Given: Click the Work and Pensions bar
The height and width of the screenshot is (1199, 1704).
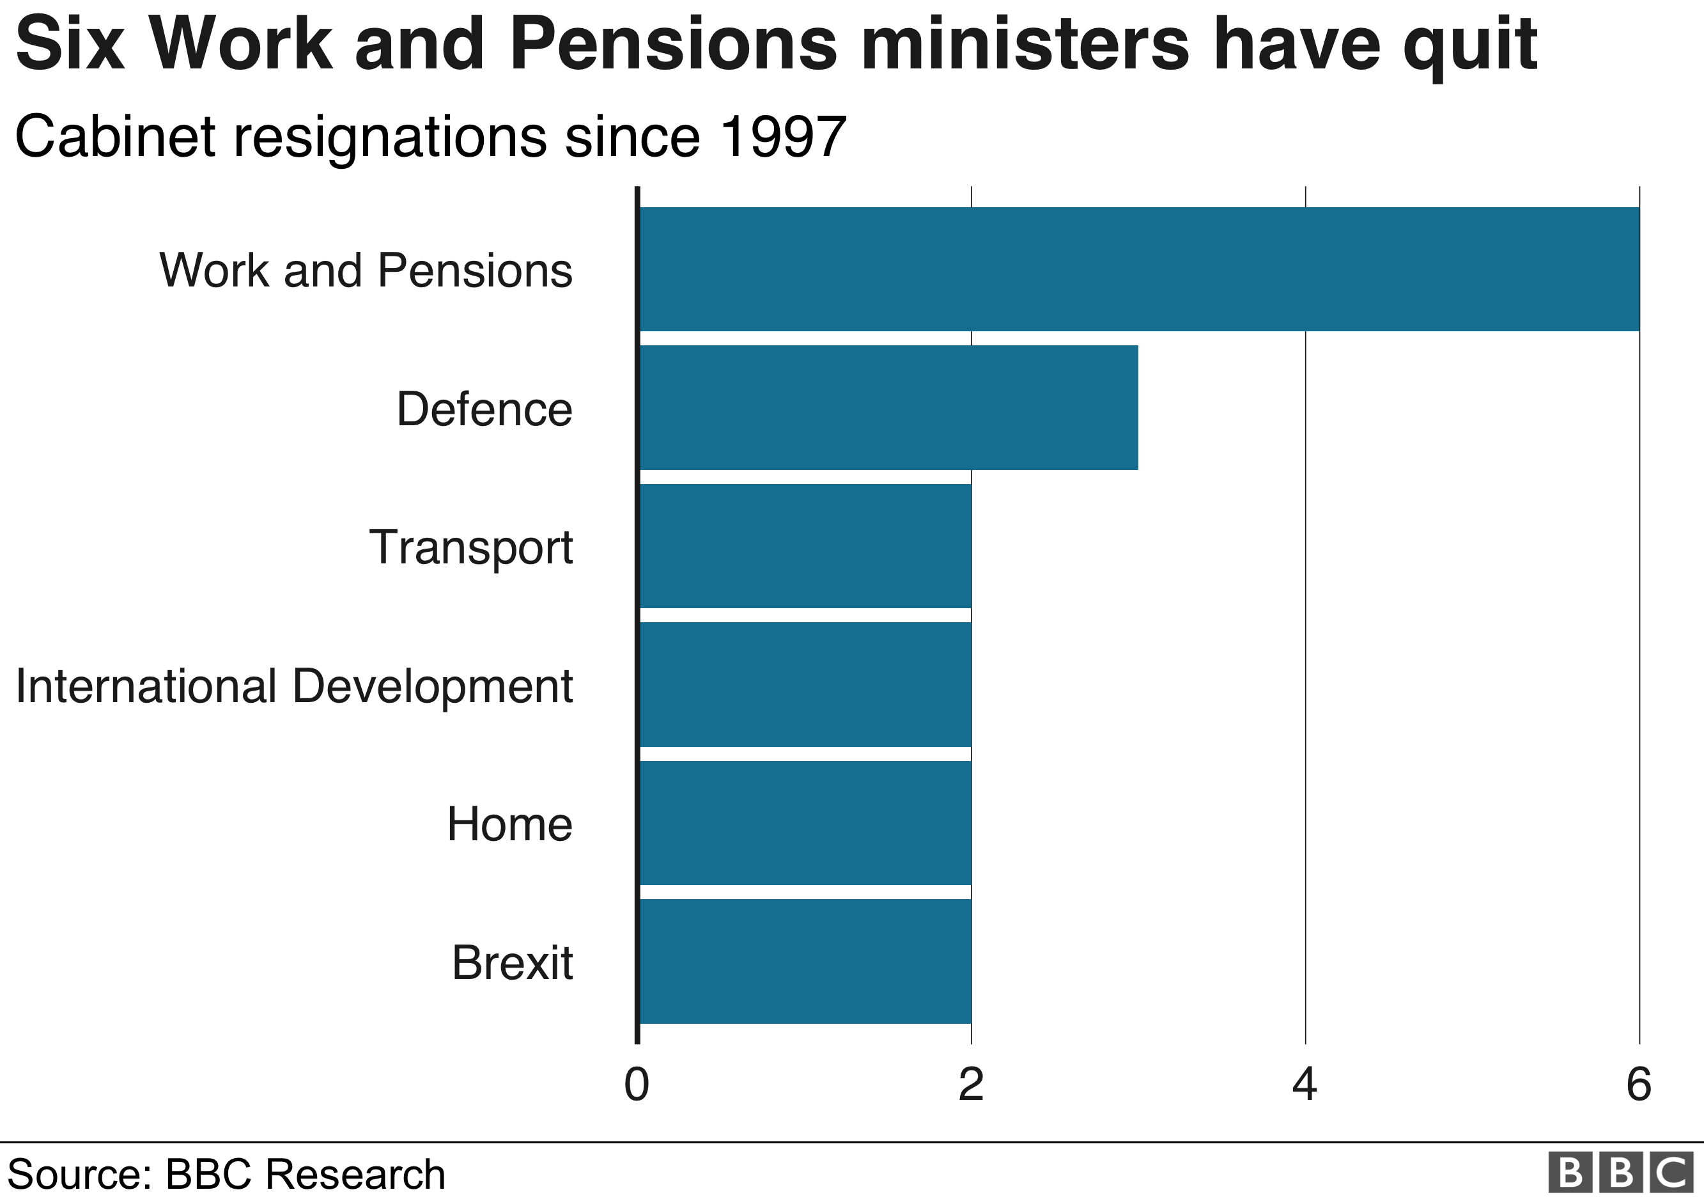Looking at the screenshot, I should (1138, 269).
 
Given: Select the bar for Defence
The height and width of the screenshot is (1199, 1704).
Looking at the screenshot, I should (888, 407).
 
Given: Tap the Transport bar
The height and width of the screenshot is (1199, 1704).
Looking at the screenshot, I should (805, 546).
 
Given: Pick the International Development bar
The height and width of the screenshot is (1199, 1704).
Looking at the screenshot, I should (805, 684).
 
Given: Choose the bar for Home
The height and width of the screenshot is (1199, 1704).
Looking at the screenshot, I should (805, 824).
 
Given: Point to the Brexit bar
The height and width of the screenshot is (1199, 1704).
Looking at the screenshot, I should (805, 961).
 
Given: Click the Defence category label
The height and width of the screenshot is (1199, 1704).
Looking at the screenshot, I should (484, 409).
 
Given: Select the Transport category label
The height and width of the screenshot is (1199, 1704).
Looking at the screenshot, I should (470, 548).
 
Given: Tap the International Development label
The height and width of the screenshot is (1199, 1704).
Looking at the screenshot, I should (294, 686).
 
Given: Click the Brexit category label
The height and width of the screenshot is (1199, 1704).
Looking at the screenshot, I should (512, 963).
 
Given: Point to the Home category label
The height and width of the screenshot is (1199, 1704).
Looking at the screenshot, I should (509, 824).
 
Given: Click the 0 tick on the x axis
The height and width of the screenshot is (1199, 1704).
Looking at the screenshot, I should (637, 1085).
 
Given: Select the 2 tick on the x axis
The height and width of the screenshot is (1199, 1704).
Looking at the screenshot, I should (971, 1085).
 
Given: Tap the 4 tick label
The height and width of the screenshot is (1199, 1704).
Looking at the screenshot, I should (1305, 1085).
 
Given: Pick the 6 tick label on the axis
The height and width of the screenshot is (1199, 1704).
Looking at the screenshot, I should (1639, 1085).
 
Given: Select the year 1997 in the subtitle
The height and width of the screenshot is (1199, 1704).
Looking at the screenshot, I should (783, 137).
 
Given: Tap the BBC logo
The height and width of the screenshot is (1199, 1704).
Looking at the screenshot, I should (1621, 1173).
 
